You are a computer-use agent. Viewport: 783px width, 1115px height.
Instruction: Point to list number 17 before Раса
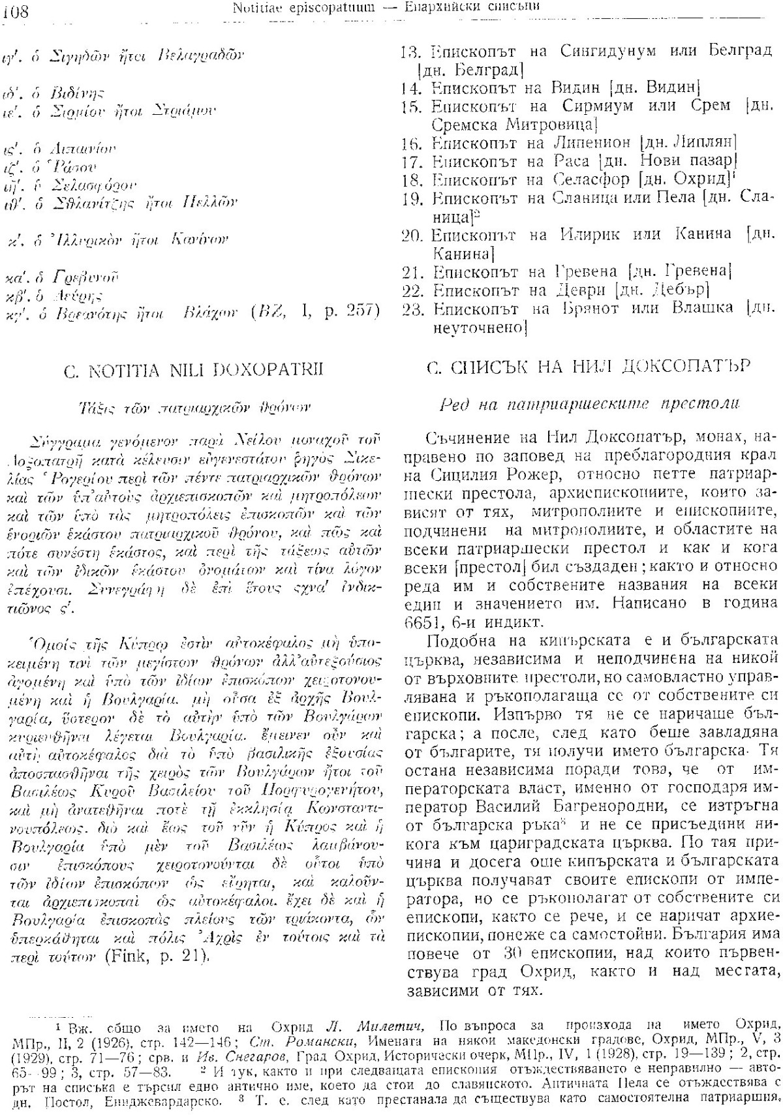[412, 159]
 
